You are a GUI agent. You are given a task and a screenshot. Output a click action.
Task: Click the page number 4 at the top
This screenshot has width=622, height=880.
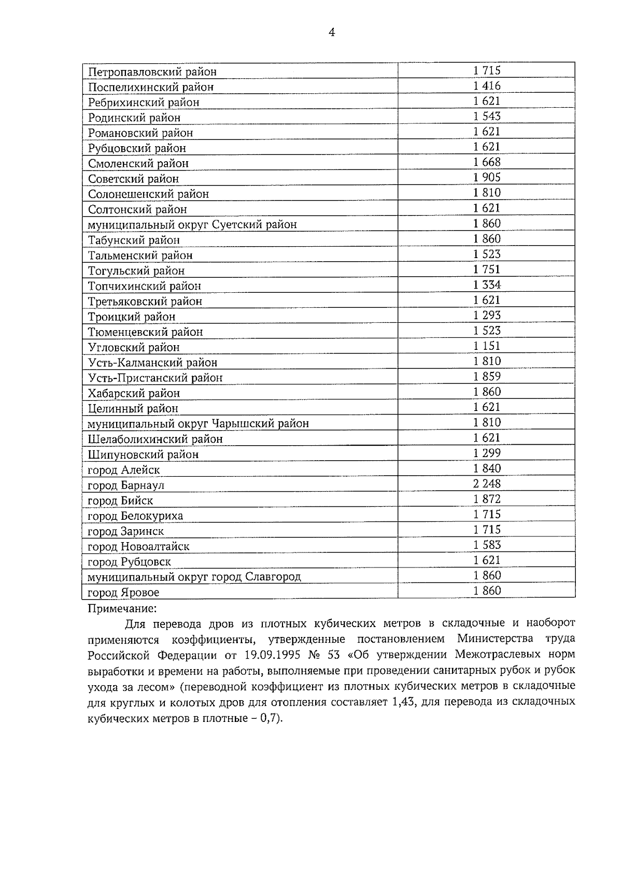(332, 33)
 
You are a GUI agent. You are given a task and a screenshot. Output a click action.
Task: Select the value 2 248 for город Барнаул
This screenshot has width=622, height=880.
(487, 484)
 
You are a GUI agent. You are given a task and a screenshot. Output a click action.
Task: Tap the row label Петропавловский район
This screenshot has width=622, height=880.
(152, 72)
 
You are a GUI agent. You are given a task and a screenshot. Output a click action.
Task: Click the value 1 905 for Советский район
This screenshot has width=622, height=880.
(487, 178)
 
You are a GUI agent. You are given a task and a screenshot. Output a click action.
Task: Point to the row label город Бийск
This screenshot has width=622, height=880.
(120, 501)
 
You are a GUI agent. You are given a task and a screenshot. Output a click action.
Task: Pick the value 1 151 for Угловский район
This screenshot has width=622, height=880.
(487, 346)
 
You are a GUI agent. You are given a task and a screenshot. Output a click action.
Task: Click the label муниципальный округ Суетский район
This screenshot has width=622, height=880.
(192, 225)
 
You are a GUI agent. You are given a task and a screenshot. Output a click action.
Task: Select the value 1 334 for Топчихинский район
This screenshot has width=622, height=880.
(487, 285)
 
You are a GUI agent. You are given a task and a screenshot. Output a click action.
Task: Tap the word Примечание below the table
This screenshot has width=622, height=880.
(122, 608)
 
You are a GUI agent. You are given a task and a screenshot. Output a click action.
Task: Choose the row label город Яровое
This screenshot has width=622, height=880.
(123, 592)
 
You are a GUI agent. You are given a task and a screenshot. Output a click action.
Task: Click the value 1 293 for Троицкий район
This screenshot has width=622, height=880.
(487, 316)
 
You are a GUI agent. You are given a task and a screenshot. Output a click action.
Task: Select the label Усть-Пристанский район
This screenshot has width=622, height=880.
(155, 378)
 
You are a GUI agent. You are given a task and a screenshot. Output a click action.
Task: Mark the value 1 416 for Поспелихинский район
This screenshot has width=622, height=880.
(487, 86)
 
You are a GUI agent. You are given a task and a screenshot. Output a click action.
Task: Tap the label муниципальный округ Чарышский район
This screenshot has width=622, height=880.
(198, 424)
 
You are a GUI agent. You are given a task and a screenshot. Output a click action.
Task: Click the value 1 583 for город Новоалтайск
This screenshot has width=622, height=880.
(487, 545)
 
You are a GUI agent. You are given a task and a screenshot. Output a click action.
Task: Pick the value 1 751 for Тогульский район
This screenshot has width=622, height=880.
(487, 269)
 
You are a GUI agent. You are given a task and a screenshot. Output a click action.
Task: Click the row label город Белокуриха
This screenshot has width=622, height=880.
(135, 516)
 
